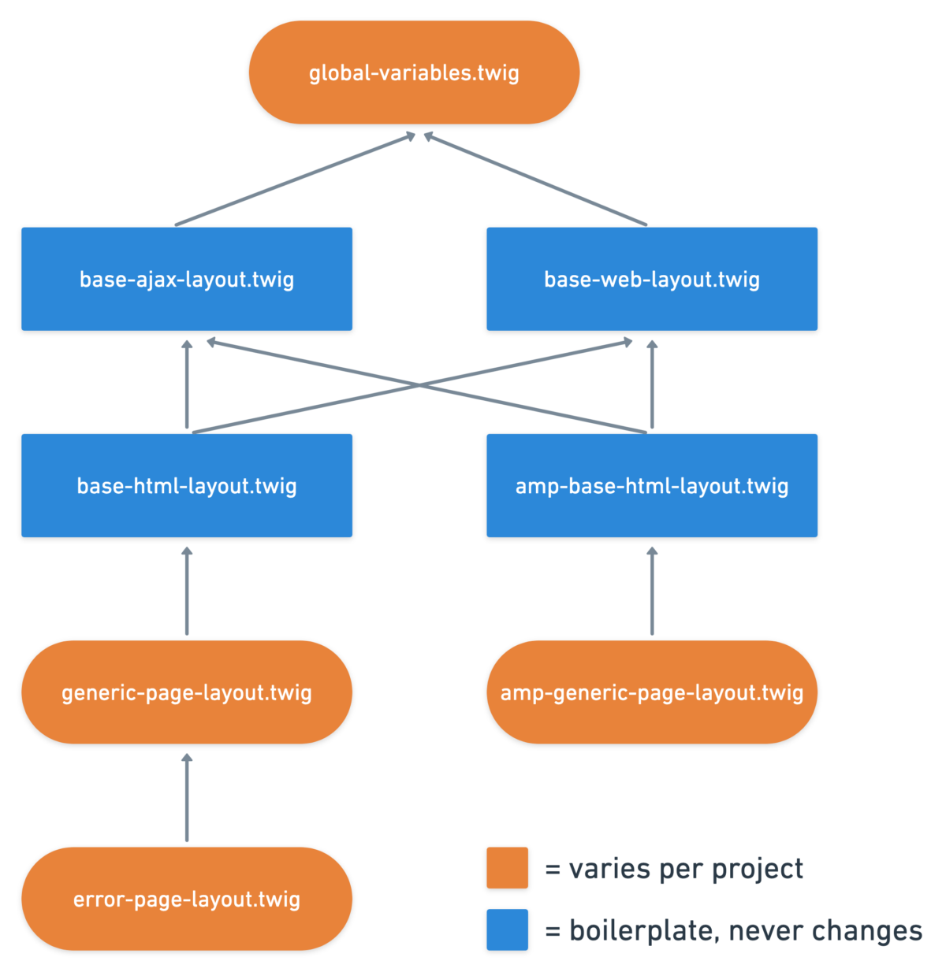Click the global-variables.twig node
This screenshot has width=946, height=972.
click(414, 72)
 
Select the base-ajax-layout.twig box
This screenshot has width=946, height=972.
click(187, 278)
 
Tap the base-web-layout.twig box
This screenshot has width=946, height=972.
click(651, 278)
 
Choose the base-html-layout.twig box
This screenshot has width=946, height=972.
click(187, 485)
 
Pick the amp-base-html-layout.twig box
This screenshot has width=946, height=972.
click(651, 485)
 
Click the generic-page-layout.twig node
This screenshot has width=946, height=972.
click(187, 692)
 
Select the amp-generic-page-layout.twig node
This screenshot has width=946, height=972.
click(651, 692)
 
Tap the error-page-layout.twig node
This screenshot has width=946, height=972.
click(187, 898)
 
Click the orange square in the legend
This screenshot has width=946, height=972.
click(506, 867)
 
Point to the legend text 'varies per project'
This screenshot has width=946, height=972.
click(685, 869)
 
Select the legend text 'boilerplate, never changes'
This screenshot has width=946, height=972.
click(745, 930)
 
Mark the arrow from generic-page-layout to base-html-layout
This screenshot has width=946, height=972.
click(187, 591)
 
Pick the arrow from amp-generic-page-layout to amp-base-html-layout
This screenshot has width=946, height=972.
click(651, 591)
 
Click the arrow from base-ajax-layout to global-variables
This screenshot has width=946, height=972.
click(295, 179)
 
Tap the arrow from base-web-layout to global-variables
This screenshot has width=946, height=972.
click(534, 179)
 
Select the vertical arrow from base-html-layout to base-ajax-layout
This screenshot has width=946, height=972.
click(187, 384)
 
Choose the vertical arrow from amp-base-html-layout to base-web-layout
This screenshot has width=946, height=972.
click(651, 384)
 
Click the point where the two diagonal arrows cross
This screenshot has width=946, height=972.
click(419, 385)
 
